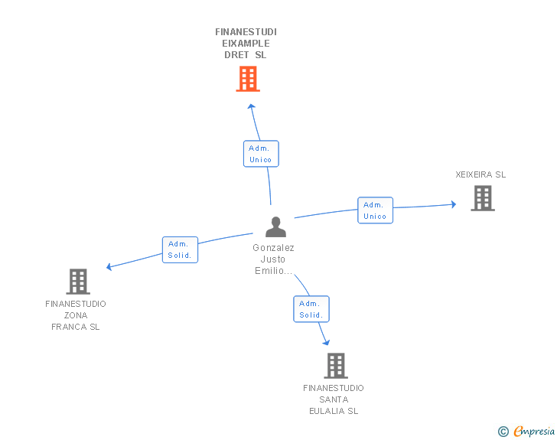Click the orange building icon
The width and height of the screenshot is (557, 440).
[x=247, y=79]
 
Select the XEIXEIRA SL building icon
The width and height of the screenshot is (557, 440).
[x=482, y=198]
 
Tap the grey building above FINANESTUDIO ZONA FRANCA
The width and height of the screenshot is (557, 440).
[x=77, y=282]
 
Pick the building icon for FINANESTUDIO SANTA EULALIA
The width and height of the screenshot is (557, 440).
[x=335, y=366]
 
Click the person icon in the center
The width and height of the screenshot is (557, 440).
[x=275, y=227]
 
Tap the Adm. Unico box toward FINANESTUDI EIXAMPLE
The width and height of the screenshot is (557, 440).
[x=261, y=154]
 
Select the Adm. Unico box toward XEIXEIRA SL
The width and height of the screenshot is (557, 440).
[x=375, y=210]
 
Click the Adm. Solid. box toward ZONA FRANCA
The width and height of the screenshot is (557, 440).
[x=180, y=249]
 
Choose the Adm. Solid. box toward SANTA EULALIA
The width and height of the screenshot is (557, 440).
[x=311, y=309]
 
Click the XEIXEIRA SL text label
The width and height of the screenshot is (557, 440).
[x=480, y=174]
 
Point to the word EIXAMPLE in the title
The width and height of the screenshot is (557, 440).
[x=246, y=44]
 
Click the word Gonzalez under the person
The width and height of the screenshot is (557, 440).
[x=273, y=248]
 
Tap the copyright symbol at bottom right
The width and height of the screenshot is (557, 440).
[x=503, y=432]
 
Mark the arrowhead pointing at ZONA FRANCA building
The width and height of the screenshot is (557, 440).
[x=109, y=267]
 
